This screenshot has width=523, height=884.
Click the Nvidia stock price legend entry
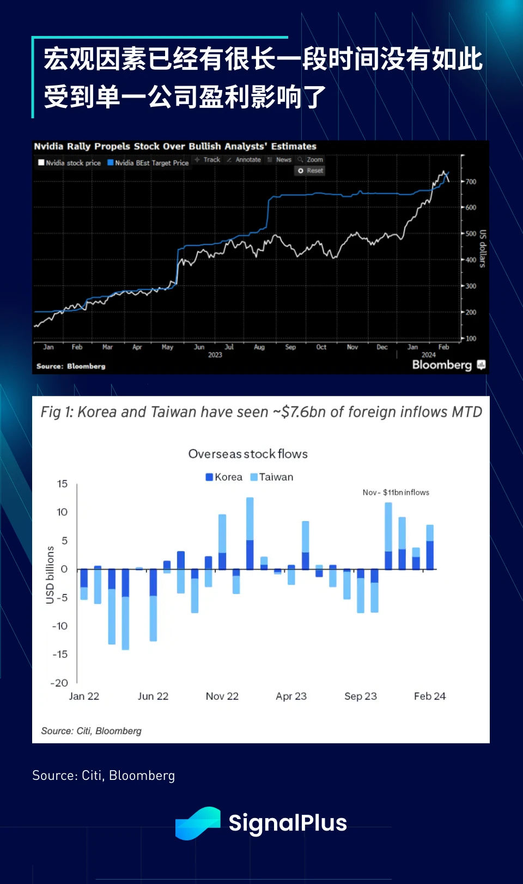tap(69, 162)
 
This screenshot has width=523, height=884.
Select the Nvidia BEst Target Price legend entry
tap(148, 162)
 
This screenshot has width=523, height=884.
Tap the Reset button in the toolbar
tap(311, 171)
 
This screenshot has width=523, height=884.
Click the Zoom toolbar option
tap(311, 160)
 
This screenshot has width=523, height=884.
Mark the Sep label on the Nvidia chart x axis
tap(290, 347)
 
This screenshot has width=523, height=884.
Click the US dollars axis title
tap(482, 249)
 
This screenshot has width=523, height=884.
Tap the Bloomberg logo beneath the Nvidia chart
tap(442, 365)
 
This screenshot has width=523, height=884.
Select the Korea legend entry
tap(224, 477)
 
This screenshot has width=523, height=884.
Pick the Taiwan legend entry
tap(272, 477)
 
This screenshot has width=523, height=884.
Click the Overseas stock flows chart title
tap(248, 454)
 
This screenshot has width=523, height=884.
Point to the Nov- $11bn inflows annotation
tap(396, 492)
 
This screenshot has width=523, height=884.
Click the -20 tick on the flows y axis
tap(59, 683)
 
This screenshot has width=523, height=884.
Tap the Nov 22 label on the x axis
tap(222, 696)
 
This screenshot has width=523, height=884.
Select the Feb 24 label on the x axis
tap(430, 696)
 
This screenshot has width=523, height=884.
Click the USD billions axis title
tap(50, 575)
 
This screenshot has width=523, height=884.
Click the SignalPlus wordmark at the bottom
tap(288, 823)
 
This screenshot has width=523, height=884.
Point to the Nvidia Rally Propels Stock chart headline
tap(175, 146)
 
